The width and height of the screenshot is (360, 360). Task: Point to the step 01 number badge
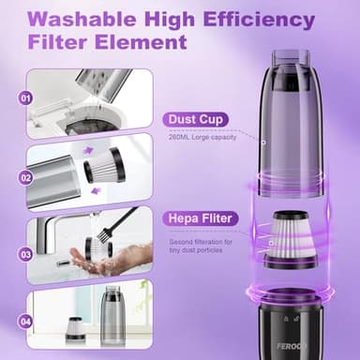pos(25,97)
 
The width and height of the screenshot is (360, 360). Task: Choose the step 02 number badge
pos(25,174)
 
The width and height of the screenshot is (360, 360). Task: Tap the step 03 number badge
pos(25,253)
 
